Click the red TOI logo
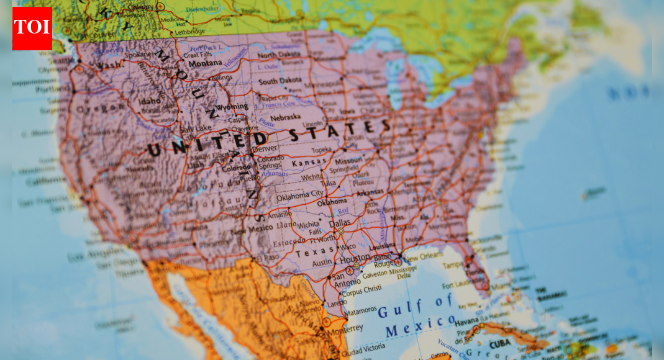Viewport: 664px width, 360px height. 32,28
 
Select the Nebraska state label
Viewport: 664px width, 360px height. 285,116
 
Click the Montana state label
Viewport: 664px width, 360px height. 205,63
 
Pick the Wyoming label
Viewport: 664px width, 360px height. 232,107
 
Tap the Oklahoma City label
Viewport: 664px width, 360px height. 300,196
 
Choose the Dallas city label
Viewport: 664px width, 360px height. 340,223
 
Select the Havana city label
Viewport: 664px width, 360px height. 467,322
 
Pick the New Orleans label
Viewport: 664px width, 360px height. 424,255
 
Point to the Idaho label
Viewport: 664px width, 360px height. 149,101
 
